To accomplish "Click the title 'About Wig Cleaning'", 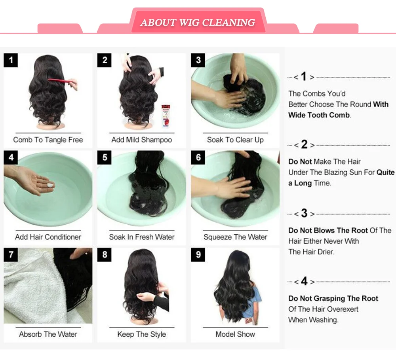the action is [x=198, y=23].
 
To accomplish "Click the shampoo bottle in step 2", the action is [x=166, y=116].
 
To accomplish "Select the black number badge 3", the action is [x=198, y=60].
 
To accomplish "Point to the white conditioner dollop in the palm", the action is [x=50, y=185].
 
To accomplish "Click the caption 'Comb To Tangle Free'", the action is [x=48, y=140].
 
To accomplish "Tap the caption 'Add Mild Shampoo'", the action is [x=142, y=140].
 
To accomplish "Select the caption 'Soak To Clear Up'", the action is [x=235, y=140].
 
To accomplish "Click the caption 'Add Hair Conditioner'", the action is [x=48, y=237].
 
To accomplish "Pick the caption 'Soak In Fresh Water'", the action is [x=142, y=237].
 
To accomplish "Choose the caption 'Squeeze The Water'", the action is [x=235, y=237].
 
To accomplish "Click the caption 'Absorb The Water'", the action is [x=48, y=334].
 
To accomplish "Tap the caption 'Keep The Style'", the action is [x=142, y=334].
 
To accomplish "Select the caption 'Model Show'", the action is [x=235, y=334].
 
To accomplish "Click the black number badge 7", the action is [x=11, y=254].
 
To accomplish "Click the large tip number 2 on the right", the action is [x=304, y=144].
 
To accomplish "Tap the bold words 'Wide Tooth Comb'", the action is [x=319, y=115].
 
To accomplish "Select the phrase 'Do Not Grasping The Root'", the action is [x=333, y=298].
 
